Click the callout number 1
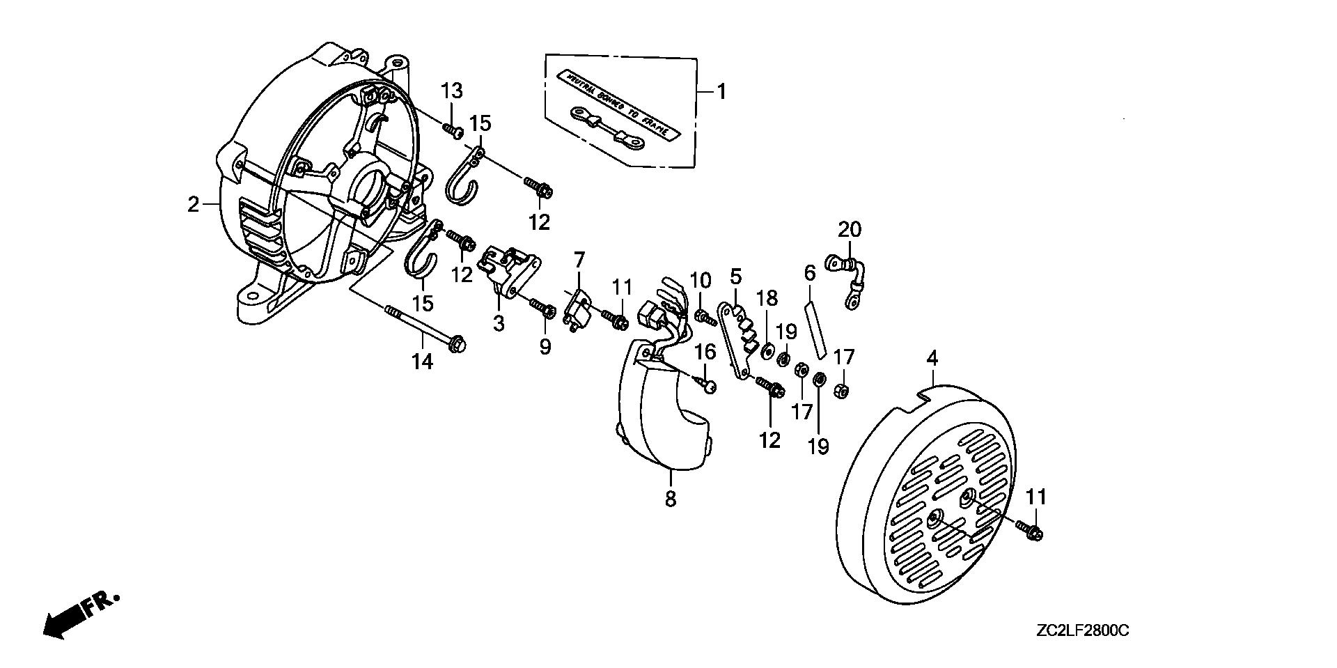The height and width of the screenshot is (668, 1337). tap(721, 92)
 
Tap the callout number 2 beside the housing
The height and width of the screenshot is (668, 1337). tap(193, 205)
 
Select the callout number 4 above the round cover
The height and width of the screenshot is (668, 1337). tap(932, 359)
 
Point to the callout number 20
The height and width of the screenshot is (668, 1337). tap(850, 229)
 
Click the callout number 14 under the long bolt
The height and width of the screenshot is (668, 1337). tap(423, 362)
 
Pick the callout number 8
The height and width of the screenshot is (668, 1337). tap(670, 499)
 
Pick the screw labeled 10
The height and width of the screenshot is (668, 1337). tap(704, 318)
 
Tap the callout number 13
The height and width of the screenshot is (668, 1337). tap(451, 91)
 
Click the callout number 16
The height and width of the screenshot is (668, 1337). tap(705, 352)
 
